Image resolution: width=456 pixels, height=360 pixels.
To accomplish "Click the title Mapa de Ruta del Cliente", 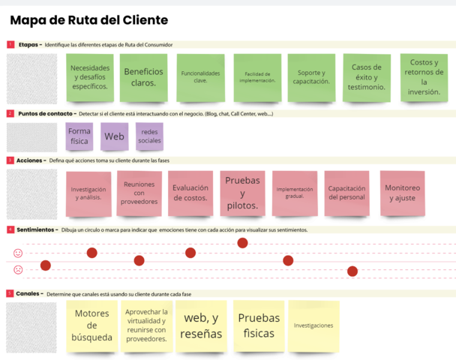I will click(x=88, y=20).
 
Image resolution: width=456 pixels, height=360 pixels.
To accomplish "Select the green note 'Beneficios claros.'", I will click(x=144, y=77).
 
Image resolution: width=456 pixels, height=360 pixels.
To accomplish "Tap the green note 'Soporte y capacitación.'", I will click(x=310, y=77).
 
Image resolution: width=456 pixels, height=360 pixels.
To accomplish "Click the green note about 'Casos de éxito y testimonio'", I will click(x=367, y=77).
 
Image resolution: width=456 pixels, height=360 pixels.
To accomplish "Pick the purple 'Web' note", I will click(x=114, y=136).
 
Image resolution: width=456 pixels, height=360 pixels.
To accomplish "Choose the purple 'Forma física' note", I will click(x=79, y=136).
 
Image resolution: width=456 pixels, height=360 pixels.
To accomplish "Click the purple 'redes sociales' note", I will click(x=149, y=136).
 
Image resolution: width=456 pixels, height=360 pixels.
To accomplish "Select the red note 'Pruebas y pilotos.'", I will click(x=241, y=193).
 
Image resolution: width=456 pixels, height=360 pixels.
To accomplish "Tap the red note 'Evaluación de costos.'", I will click(x=190, y=193).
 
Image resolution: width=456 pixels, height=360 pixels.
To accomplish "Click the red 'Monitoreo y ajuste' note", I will click(x=403, y=193).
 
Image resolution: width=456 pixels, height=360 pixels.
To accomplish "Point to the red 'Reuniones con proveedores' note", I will click(x=139, y=193).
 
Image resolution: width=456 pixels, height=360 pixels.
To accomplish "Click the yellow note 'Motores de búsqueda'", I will click(x=91, y=326).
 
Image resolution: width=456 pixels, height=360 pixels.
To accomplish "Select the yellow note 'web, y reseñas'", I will click(x=201, y=326).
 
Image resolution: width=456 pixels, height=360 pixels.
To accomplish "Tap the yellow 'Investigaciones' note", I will click(x=313, y=326).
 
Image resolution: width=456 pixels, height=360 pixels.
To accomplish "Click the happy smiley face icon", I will click(x=18, y=253).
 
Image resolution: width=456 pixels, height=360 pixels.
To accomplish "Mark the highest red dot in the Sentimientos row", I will click(x=242, y=242).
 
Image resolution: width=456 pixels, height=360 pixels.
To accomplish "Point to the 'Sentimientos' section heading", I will click(x=36, y=229).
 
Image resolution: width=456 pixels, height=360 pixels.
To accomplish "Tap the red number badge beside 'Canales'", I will click(x=10, y=293).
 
